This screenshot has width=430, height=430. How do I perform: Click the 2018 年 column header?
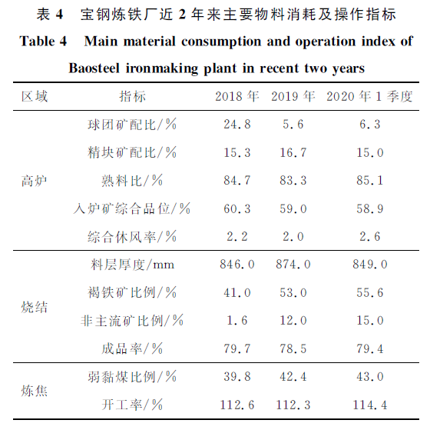[x=237, y=96]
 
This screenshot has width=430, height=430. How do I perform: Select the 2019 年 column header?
[x=293, y=96]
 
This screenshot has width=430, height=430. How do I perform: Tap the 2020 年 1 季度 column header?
[x=369, y=96]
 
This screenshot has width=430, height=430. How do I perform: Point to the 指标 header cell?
[x=132, y=96]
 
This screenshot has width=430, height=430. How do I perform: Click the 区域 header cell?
[x=35, y=96]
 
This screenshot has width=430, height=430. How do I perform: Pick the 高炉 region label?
[x=35, y=181]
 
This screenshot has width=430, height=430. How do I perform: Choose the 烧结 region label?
[x=35, y=307]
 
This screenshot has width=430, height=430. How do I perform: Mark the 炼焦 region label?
[x=35, y=391]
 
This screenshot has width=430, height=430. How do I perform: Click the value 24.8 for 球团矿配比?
[x=237, y=125]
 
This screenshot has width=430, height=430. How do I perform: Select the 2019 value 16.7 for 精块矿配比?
[x=293, y=152]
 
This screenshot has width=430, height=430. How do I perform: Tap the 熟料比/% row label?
[x=132, y=181]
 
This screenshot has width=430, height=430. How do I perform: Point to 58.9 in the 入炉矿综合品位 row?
[x=370, y=208]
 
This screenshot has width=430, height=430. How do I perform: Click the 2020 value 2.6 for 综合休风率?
[x=370, y=237]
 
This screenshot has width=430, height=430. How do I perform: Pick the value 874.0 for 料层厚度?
[x=293, y=265]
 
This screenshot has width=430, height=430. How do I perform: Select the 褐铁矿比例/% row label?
[x=132, y=292]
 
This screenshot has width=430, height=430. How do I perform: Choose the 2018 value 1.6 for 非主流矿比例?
[x=237, y=320]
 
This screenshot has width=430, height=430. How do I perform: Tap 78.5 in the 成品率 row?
[x=293, y=348]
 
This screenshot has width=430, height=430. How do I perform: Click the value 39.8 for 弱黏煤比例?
[x=237, y=376]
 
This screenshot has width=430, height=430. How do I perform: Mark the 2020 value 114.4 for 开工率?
[x=370, y=405]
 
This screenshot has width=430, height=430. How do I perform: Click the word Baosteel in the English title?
[x=94, y=68]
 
